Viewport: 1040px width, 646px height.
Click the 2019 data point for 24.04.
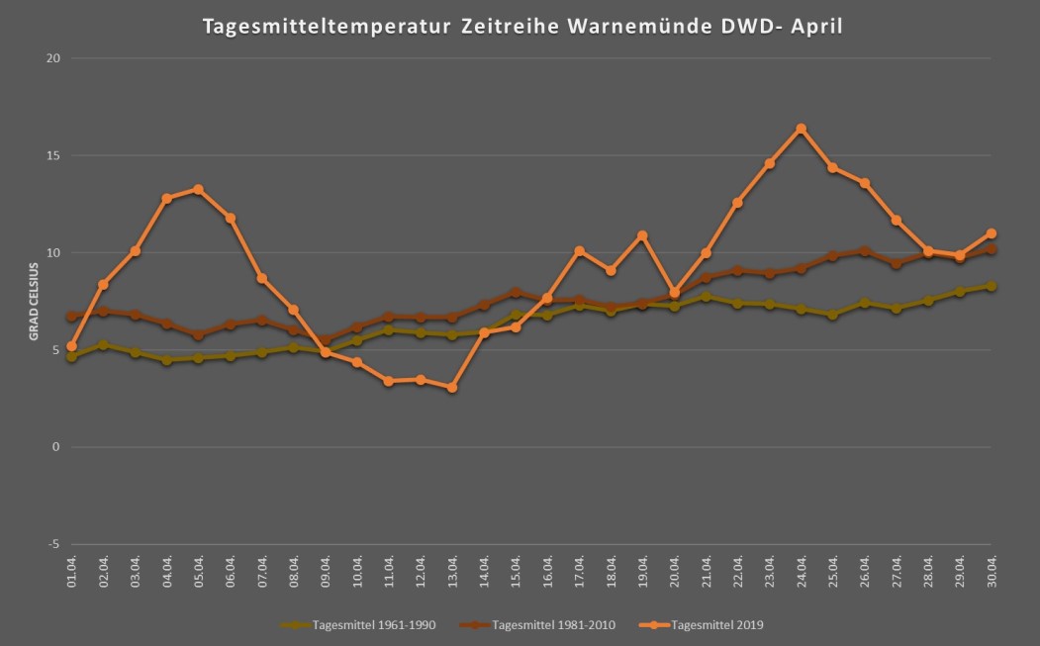pyautogui.click(x=802, y=129)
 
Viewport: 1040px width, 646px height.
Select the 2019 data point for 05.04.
pyautogui.click(x=198, y=189)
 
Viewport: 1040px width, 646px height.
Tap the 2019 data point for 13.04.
pyautogui.click(x=452, y=388)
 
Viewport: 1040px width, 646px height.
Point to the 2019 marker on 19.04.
pyautogui.click(x=642, y=235)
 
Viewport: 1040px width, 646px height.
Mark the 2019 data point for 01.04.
pyautogui.click(x=71, y=347)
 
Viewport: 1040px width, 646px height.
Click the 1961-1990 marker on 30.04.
pyautogui.click(x=992, y=286)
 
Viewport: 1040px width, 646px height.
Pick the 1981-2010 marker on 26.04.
pyautogui.click(x=865, y=251)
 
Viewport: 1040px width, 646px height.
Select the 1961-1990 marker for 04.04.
pyautogui.click(x=166, y=360)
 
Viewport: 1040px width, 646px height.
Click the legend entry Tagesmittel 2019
pyautogui.click(x=716, y=625)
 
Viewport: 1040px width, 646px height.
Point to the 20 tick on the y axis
pyautogui.click(x=53, y=58)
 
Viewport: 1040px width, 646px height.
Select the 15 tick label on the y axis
pyautogui.click(x=53, y=155)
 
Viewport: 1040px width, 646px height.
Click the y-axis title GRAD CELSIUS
pyautogui.click(x=33, y=301)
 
